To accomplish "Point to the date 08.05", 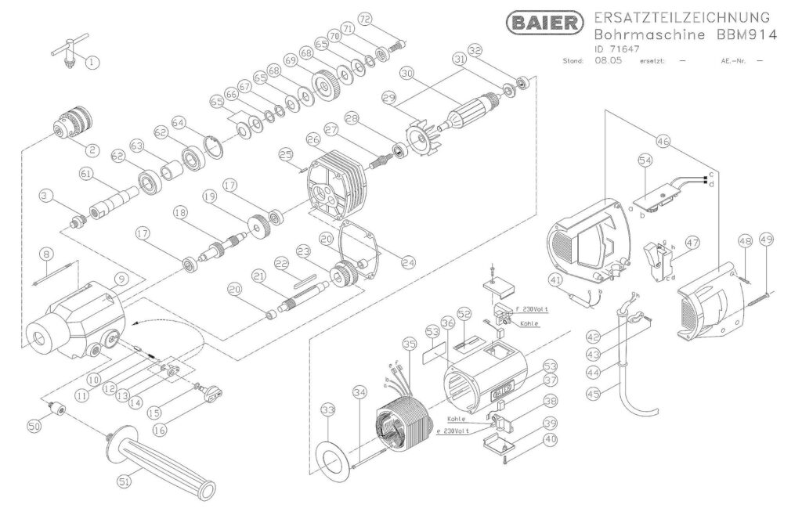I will click(x=608, y=60).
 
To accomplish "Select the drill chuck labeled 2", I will click(x=73, y=125).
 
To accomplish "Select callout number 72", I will click(x=385, y=16).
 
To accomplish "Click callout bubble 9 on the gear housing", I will click(x=120, y=278).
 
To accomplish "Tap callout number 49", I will click(x=766, y=240).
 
